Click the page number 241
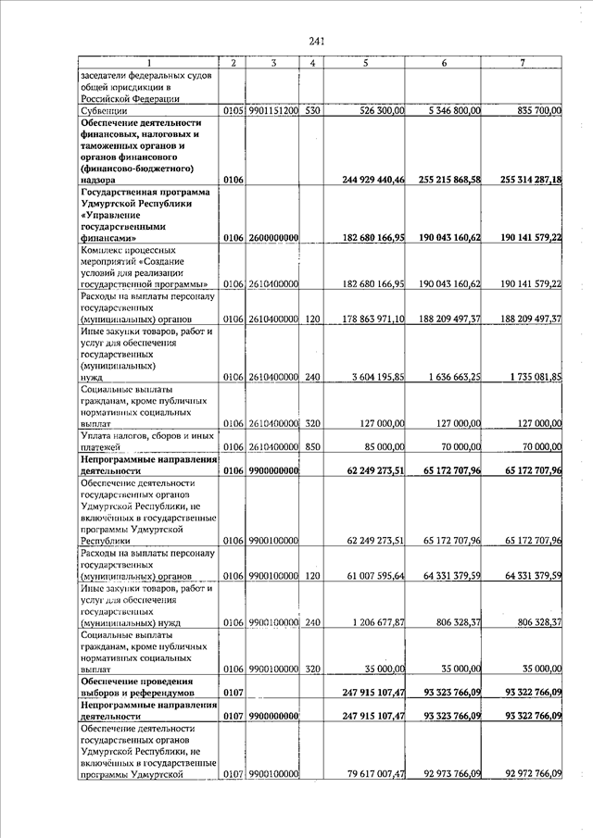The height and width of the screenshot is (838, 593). click(x=316, y=42)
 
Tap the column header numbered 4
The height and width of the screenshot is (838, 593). click(x=313, y=63)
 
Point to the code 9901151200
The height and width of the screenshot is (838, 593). click(x=273, y=111)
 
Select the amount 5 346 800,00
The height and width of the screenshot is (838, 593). click(x=449, y=111)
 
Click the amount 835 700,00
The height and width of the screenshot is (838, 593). click(x=531, y=111)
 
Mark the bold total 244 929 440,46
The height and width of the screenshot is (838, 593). click(x=360, y=180)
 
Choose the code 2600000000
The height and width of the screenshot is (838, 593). click(x=273, y=239)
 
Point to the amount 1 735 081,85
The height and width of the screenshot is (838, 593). click(x=530, y=378)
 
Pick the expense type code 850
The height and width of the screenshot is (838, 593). click(x=313, y=446)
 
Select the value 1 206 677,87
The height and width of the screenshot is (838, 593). click(x=369, y=623)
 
